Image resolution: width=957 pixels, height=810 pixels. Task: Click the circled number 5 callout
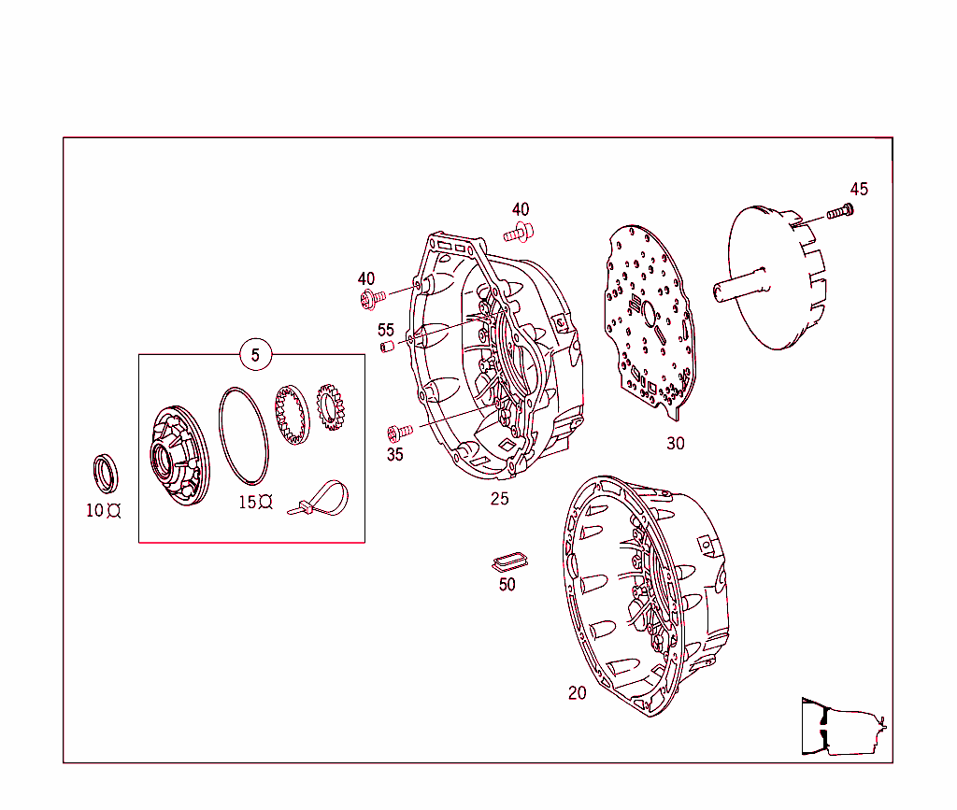[x=255, y=355]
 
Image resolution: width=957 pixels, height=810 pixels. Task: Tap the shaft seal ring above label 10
[x=106, y=472]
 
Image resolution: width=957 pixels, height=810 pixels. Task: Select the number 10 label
[x=95, y=511]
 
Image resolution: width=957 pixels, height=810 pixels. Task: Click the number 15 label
[x=248, y=502]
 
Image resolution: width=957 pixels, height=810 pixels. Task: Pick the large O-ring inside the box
[x=245, y=434]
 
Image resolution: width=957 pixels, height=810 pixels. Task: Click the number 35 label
[x=395, y=455]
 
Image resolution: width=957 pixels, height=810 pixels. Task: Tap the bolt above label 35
[x=400, y=432]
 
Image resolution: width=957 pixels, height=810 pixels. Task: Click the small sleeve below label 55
[x=385, y=348]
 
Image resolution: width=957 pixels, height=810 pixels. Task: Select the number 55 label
[x=386, y=330]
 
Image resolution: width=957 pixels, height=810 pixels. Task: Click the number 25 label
[x=500, y=499]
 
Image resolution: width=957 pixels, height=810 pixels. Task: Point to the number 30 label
[x=675, y=444]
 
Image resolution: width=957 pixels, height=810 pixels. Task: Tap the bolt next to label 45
[x=840, y=212]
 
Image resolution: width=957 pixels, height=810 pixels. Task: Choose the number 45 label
[x=859, y=190]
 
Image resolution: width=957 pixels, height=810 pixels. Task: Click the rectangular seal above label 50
[x=509, y=561]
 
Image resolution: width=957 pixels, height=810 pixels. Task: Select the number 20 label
[x=578, y=693]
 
